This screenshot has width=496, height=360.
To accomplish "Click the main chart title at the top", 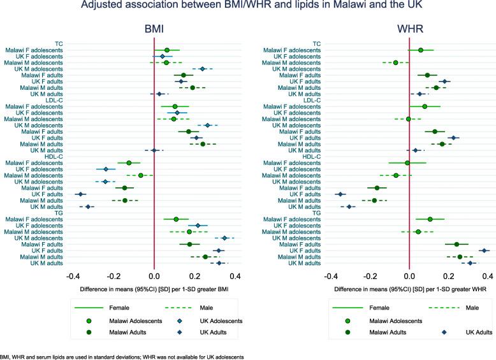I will (x=248, y=8).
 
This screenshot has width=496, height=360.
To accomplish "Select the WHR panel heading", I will (x=410, y=29).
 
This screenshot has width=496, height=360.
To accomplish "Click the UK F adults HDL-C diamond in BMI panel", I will (x=80, y=194).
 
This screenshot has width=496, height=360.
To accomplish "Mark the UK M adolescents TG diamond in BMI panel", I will (x=224, y=238).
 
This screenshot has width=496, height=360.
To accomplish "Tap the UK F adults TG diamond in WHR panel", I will (x=484, y=250).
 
